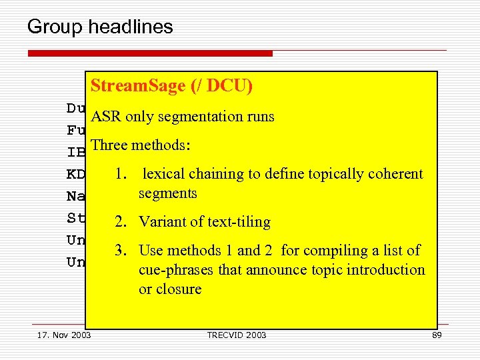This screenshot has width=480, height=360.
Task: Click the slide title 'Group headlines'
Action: coord(100,27)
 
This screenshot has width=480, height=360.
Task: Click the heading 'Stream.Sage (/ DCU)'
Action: coord(171,86)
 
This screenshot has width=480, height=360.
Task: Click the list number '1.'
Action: coord(121,174)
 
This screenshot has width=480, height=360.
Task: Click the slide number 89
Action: coord(437,335)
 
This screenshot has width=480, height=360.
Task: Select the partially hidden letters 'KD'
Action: coord(75,175)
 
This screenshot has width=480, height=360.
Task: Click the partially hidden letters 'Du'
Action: coord(75,108)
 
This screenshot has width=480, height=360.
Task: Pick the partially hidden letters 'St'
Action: coord(75,218)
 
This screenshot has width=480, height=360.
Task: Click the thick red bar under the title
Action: coord(150,53)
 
